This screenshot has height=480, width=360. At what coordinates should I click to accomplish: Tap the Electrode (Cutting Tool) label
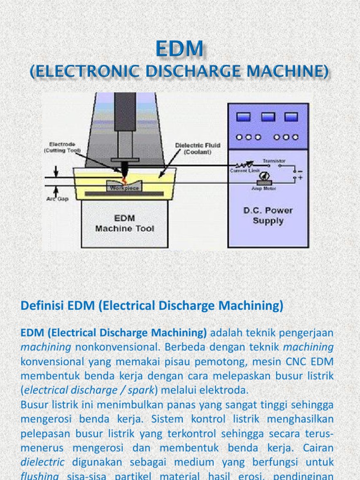click(x=62, y=148)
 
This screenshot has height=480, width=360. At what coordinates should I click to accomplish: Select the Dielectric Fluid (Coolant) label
click(x=197, y=148)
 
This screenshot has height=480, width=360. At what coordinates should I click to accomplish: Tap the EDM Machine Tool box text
click(x=124, y=224)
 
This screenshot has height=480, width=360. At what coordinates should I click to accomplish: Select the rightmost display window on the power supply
click(x=291, y=117)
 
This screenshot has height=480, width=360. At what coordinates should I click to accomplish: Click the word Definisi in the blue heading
click(x=42, y=306)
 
